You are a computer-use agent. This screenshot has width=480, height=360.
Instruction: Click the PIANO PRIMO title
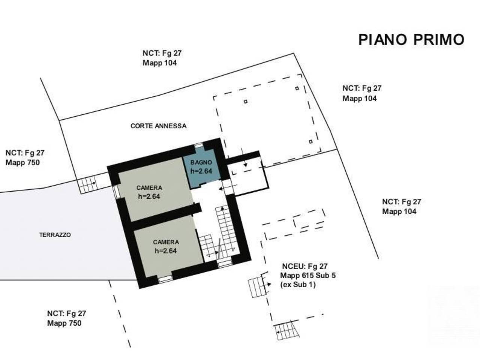tap(411, 40)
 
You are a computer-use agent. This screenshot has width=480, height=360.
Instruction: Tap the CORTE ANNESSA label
tap(158, 126)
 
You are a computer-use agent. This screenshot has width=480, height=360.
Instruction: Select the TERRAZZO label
tap(55, 235)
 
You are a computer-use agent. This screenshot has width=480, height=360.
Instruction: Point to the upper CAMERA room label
tap(149, 187)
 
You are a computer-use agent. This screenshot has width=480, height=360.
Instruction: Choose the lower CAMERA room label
tap(166, 242)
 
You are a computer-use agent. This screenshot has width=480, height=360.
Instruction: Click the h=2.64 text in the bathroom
tap(201, 171)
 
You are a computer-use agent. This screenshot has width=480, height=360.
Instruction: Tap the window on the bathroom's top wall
tap(199, 145)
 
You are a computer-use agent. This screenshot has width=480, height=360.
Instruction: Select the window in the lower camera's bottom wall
tap(165, 279)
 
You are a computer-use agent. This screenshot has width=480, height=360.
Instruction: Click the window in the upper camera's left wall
tap(116, 192)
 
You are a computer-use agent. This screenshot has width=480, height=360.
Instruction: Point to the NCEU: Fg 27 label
tap(304, 266)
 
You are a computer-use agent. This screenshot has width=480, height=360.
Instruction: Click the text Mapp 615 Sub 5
tap(307, 275)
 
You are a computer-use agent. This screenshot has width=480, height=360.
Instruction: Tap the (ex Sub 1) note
tap(298, 284)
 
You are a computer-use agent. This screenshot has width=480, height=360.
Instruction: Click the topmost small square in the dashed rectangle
tap(297, 88)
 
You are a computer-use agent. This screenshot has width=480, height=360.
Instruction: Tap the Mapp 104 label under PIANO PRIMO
tap(360, 98)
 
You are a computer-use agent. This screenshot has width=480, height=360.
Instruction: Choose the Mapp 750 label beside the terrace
tap(22, 163)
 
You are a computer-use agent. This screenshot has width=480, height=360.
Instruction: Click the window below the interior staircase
tap(225, 263)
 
